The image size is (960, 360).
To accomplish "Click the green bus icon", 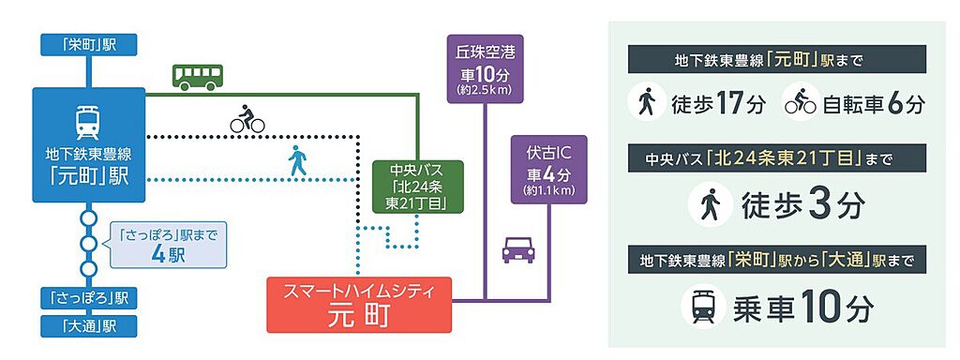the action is coord(198,77).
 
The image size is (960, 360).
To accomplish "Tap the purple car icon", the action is coord(517,249).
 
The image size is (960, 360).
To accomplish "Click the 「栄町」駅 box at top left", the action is coord(89,45).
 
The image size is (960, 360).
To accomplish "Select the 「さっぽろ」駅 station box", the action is coord(89,298).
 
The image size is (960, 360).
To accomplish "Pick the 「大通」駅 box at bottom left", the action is coord(89,326).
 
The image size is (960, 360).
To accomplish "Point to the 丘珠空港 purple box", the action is coord(485,68).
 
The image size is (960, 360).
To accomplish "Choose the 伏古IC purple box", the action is coord(549,170).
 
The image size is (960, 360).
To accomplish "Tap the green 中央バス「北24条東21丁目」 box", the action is coord(418,187).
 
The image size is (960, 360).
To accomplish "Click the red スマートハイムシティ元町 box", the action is coord(359,305).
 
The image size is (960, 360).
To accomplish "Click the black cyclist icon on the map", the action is coord(247,119).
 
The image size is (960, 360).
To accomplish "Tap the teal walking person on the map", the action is coord(297,160).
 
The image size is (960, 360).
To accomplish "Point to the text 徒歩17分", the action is coord(718,105).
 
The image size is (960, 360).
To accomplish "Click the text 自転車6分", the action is coord(873,105).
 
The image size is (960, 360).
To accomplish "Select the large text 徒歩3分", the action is coord(802,206).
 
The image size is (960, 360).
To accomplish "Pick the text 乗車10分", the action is coord(802,307).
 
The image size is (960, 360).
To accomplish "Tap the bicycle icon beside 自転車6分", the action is coord(801,105).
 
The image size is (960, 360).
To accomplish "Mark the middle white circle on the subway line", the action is coord(89,244).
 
